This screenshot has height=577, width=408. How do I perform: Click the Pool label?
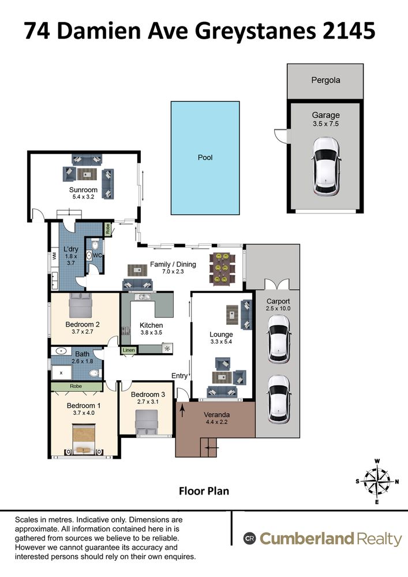[205, 158]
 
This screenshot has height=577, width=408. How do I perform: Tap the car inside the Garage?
[326, 166]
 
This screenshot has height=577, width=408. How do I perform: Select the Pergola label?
[325, 80]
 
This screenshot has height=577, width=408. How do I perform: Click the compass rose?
[377, 481]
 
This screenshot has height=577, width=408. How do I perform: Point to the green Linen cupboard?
[129, 350]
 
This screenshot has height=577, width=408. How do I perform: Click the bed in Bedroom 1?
[84, 439]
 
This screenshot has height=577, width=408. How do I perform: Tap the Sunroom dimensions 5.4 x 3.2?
[83, 197]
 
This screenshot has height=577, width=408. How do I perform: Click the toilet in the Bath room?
[95, 373]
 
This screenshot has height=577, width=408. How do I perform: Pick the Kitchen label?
[151, 325]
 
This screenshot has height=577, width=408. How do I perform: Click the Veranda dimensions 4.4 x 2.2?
[216, 422]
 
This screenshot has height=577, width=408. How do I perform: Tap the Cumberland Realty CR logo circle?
[249, 539]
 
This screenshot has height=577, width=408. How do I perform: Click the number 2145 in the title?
[349, 31]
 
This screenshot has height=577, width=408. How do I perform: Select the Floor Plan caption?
[204, 491]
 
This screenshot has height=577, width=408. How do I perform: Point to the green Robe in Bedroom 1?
[76, 387]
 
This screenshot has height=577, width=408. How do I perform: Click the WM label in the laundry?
[54, 255]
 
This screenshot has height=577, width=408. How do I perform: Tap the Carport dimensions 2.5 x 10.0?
[278, 308]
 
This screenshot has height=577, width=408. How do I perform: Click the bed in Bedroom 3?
[147, 422]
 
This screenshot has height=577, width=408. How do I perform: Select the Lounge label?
[221, 334]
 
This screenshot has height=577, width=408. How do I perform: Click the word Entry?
[179, 376]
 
